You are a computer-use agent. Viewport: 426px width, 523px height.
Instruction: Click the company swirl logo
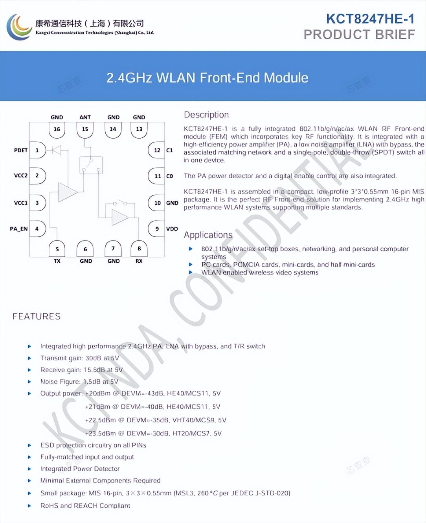[19, 27]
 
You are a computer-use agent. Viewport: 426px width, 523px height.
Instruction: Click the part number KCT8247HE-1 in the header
[370, 19]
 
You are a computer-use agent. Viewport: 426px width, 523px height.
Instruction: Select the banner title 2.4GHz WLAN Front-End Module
[207, 78]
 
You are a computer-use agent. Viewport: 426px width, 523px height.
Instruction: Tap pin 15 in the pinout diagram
[85, 129]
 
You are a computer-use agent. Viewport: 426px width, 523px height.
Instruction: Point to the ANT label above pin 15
[85, 117]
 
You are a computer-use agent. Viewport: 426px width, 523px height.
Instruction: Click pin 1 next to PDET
[37, 150]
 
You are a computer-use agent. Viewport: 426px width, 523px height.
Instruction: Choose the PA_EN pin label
[18, 229]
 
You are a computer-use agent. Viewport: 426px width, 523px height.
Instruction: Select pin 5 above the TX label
[57, 249]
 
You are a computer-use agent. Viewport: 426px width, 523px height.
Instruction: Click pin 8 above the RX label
[139, 249]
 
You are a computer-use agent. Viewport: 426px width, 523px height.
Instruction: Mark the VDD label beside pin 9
[172, 229]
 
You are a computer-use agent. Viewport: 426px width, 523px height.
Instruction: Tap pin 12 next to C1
[157, 150]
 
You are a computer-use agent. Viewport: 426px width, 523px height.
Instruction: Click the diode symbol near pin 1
[57, 150]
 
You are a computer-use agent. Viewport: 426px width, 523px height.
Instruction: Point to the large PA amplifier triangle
[67, 192]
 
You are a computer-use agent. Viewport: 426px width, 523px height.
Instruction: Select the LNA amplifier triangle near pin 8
[119, 217]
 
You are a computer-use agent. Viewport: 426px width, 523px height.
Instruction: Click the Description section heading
[206, 115]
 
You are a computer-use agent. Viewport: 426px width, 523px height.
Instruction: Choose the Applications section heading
[208, 235]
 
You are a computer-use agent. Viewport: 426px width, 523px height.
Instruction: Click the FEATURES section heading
[37, 316]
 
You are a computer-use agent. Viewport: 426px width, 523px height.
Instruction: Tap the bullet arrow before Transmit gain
[29, 358]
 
